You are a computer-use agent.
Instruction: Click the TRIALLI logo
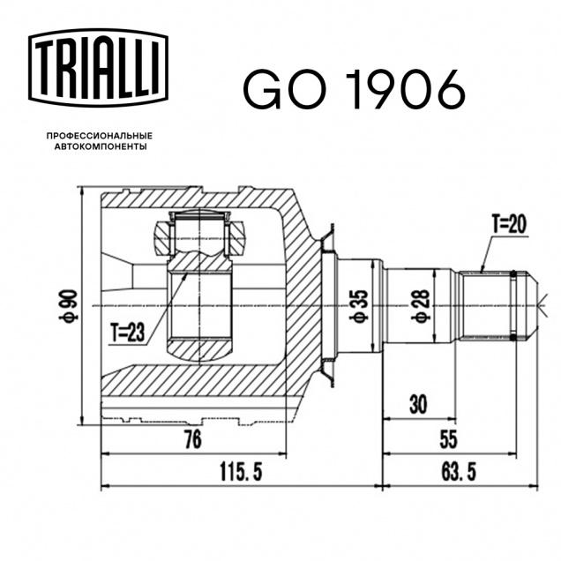[x=98, y=68]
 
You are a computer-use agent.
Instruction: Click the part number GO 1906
[x=355, y=90]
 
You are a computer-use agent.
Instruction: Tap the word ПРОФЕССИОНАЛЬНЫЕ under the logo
[x=100, y=136]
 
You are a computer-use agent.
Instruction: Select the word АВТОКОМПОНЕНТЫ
[x=101, y=146]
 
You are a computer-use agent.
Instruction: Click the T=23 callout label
[x=127, y=333]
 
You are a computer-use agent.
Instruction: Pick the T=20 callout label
[x=509, y=225]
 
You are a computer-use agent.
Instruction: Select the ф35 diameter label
[x=360, y=306]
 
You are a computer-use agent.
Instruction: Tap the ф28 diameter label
[x=422, y=306]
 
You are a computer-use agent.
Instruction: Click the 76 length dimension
[x=193, y=439]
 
